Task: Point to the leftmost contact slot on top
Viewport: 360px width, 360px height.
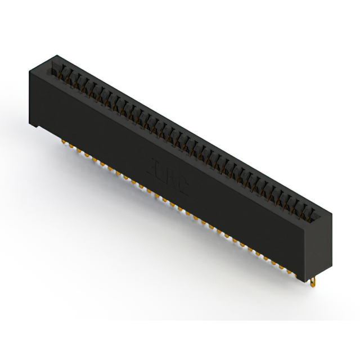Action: pos(57,70)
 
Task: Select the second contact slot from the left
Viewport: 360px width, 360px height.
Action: pos(65,73)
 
